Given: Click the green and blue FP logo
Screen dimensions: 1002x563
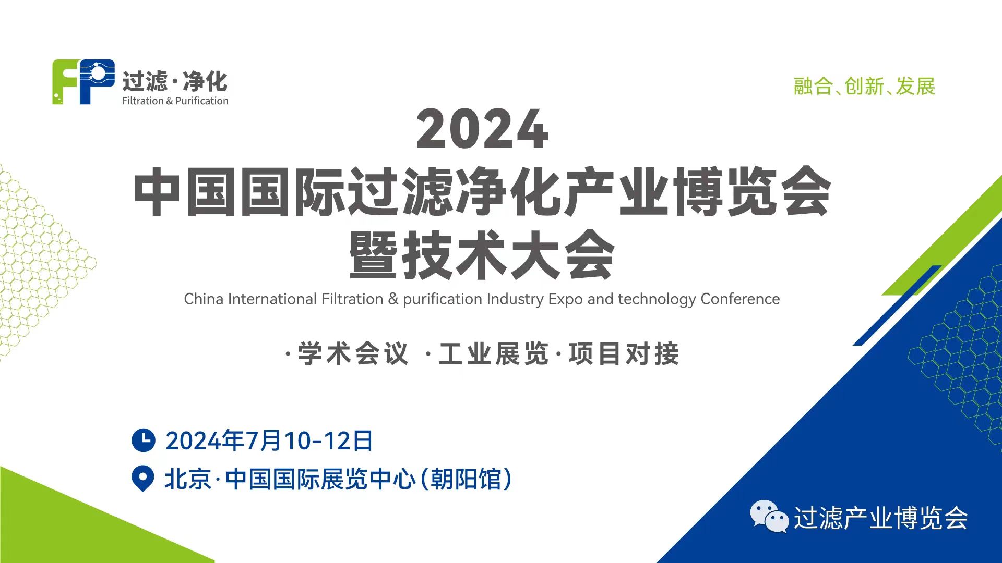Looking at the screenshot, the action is click(83, 82).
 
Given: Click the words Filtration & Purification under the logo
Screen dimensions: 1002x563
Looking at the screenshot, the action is click(175, 101).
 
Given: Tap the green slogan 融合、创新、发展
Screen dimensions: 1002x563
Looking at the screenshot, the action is click(864, 87).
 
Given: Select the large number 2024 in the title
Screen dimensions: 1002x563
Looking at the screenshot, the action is click(482, 129).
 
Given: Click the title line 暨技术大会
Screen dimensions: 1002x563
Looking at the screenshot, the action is click(482, 255).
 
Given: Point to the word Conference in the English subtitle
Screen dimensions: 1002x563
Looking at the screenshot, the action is click(740, 299).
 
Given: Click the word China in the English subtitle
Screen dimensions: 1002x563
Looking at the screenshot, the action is click(204, 299).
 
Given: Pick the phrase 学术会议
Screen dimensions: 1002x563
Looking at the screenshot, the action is click(353, 354).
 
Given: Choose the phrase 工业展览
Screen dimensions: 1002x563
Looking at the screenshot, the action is click(494, 354).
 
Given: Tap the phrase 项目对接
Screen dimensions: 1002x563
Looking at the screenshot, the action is click(624, 354).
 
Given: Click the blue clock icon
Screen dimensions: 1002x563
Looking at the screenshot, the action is click(144, 440).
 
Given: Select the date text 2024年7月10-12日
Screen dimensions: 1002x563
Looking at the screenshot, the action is click(269, 440).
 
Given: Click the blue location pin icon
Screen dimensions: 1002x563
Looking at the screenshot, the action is click(143, 479).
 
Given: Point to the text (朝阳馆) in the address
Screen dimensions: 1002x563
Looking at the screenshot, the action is click(466, 479).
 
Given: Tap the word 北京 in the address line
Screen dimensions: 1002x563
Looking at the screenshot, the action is click(188, 479).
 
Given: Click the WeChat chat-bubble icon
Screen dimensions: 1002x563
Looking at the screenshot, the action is click(769, 517).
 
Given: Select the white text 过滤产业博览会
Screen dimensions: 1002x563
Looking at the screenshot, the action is click(881, 518).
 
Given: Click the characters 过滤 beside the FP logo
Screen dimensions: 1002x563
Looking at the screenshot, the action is click(145, 82).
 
